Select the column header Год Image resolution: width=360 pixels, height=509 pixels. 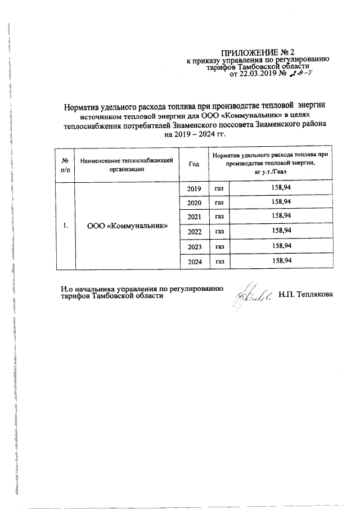pyautogui.click(x=194, y=164)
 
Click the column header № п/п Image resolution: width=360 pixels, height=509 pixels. pyautogui.click(x=65, y=164)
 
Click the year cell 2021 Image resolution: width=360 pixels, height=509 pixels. pyautogui.click(x=194, y=216)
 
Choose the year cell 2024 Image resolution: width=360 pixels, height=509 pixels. pyautogui.click(x=194, y=261)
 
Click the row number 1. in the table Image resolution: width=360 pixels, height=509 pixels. pyautogui.click(x=66, y=226)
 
